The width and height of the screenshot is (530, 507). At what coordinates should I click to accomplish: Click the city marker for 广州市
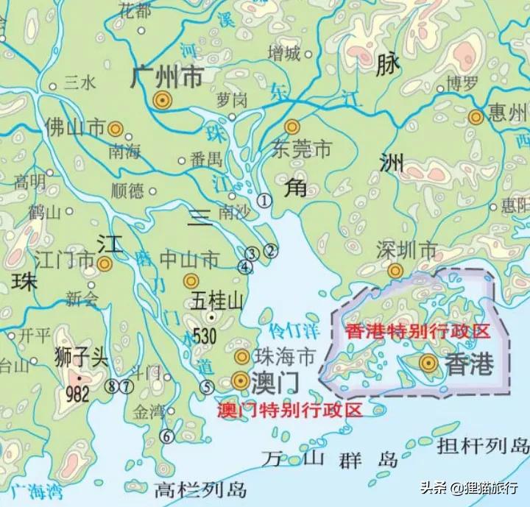pos(162,101)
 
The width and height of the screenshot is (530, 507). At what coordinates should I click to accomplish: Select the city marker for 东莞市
pos(293,127)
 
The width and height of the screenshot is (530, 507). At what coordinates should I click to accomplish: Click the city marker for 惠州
pos(476,116)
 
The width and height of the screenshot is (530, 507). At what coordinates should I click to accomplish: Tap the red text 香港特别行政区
pos(417,330)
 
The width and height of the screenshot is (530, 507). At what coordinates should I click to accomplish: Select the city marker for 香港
pos(428,362)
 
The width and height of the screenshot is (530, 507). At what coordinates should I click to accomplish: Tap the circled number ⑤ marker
pos(207,387)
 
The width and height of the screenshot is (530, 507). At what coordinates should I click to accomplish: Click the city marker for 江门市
pos(105,263)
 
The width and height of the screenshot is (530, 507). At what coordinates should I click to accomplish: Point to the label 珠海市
pos(283,357)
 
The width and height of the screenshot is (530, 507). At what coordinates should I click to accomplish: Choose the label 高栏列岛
pos(200,489)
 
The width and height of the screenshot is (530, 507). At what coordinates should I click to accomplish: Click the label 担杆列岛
pos(483,445)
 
